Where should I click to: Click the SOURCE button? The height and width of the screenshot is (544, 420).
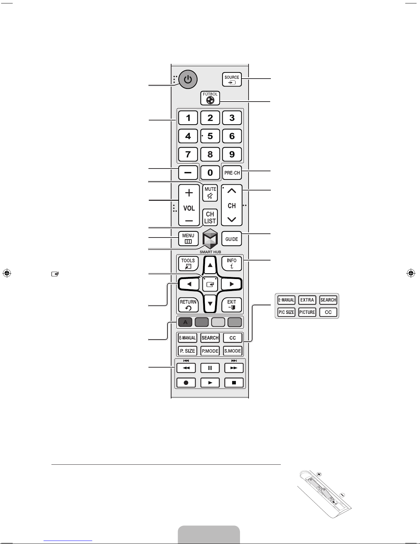click(x=232, y=79)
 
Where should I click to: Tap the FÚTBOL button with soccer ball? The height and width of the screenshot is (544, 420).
click(x=210, y=98)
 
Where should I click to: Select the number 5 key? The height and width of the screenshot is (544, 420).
click(x=210, y=136)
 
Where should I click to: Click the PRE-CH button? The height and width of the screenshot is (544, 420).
click(x=232, y=173)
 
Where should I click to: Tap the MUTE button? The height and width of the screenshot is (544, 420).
click(x=210, y=193)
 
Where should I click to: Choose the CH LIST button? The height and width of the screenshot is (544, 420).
click(x=210, y=217)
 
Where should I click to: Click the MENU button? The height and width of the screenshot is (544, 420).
click(x=188, y=238)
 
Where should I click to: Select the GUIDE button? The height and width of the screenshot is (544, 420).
click(x=231, y=239)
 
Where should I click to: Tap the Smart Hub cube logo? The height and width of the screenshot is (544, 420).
click(x=210, y=239)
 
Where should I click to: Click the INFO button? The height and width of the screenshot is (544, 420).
click(x=231, y=263)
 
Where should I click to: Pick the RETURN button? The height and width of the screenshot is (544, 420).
click(x=188, y=305)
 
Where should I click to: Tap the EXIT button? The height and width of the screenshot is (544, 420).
click(x=231, y=305)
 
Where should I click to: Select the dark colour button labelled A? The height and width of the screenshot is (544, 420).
click(x=185, y=322)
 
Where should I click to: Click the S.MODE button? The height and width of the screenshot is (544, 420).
click(x=232, y=351)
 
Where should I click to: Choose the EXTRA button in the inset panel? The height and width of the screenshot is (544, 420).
click(x=307, y=300)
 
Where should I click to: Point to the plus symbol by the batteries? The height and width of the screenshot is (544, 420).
click(x=319, y=474)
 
